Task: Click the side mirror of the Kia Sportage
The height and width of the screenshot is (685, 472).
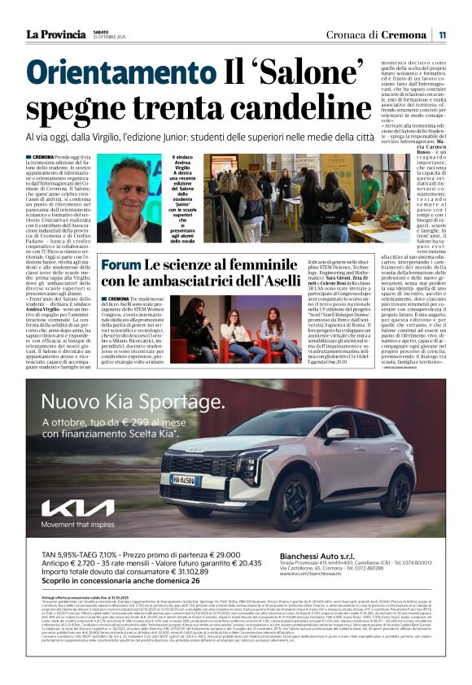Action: (338, 434)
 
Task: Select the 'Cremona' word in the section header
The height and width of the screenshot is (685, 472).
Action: (406, 34)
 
